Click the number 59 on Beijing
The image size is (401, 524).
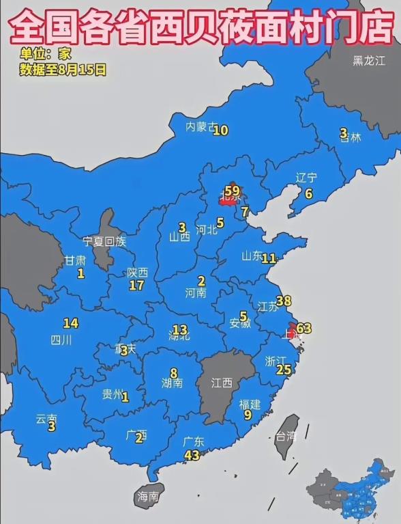tap(233, 191)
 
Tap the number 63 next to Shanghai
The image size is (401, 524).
tap(303, 328)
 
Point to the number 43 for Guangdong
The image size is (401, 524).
tap(192, 455)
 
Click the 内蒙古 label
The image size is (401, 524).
tap(201, 126)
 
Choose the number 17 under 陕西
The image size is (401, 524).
tap(136, 286)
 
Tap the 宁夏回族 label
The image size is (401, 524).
tap(104, 240)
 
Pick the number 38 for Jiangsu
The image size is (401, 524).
tap(284, 301)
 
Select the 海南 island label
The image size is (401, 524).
tap(148, 496)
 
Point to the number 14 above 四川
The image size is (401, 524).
tap(70, 323)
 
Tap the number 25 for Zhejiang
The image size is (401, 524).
tap(284, 370)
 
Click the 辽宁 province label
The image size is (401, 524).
tap(306, 177)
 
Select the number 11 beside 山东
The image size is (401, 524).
tap(269, 258)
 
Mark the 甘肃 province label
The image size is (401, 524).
tap(75, 260)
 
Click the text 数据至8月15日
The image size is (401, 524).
tap(63, 69)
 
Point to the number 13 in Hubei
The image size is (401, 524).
tap(179, 329)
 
